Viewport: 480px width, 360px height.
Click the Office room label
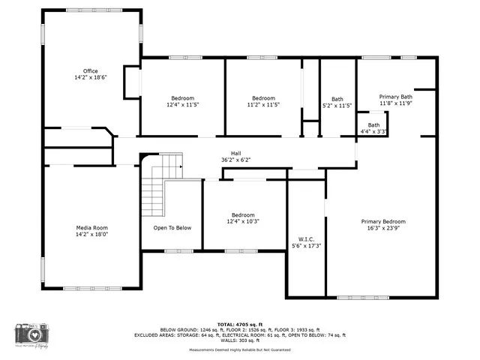90,70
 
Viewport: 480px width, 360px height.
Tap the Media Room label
91,227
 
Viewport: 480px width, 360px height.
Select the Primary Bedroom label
383,221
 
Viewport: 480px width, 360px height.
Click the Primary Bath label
394,97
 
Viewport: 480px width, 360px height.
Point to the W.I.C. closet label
305,238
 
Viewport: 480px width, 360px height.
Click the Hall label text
235,152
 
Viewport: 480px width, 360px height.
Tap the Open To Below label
172,227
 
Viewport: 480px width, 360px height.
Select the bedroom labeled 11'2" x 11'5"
263,105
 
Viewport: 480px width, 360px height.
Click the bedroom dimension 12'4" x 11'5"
182,105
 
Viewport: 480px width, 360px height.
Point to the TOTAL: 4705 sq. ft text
240,324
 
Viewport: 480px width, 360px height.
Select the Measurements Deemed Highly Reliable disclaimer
240,349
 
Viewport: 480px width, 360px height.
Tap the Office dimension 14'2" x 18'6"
90,77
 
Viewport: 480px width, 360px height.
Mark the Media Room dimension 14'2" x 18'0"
91,234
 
